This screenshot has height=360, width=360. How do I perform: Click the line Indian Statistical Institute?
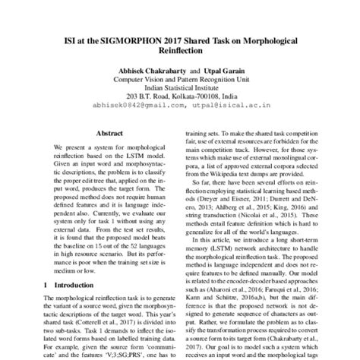(x=179, y=87)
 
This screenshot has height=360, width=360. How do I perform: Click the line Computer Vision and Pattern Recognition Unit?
(x=179, y=78)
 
